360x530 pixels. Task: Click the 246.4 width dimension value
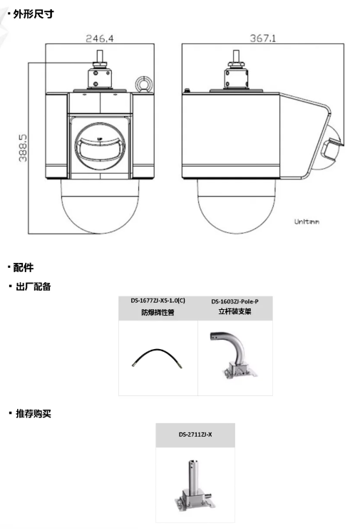point(100,38)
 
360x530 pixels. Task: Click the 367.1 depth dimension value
point(263,38)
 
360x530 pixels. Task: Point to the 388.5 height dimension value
point(23,148)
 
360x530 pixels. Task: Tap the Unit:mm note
point(307,222)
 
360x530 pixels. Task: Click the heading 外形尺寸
point(34,14)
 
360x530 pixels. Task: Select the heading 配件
point(24,267)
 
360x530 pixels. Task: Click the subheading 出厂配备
point(34,286)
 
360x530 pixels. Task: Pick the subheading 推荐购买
point(34,413)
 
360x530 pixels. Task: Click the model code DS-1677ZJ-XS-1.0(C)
point(158,301)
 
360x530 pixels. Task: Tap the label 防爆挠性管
point(158,312)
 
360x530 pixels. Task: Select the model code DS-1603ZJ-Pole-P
point(235,301)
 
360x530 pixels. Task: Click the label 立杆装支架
point(235,311)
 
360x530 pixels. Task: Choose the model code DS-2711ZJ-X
point(195,435)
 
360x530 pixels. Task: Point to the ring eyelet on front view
point(144,84)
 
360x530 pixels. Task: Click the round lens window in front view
point(100,146)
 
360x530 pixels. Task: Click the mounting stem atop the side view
point(236,69)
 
